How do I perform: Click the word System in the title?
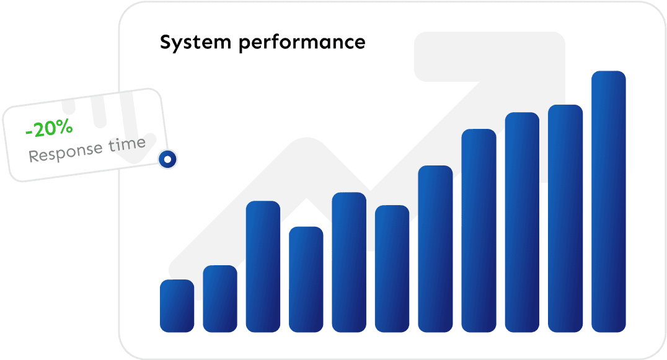tap(196, 43)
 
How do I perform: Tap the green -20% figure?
tap(49, 128)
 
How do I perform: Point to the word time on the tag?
tap(126, 144)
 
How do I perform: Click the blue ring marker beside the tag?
tap(167, 159)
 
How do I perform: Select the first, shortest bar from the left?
tap(177, 305)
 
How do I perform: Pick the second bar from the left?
tap(220, 299)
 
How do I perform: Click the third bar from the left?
tap(263, 266)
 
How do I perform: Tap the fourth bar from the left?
tap(306, 279)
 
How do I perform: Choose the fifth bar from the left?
tap(349, 262)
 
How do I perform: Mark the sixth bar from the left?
tap(392, 269)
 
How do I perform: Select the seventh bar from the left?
tap(435, 248)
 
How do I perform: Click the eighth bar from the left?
tap(479, 230)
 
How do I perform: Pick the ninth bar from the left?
tap(522, 222)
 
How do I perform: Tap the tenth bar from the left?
tap(565, 219)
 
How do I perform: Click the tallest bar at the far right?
tap(608, 201)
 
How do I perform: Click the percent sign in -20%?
tap(64, 126)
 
